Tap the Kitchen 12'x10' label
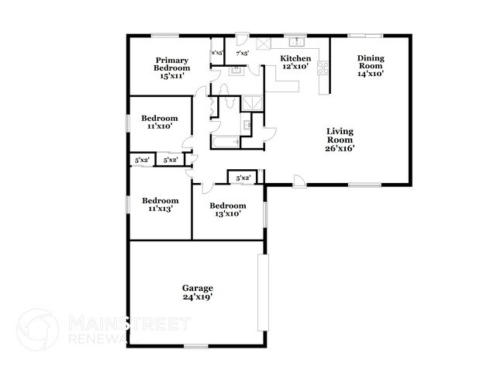[x=295, y=63]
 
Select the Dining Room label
[x=370, y=67]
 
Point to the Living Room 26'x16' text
[x=340, y=140]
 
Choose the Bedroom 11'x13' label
[x=160, y=203]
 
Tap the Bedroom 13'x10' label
[x=229, y=209]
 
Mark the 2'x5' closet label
[x=217, y=54]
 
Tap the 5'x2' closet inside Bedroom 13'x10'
[x=243, y=178]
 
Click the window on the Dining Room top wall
[x=364, y=35]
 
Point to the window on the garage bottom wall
[x=196, y=345]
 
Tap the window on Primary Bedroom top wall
[x=164, y=35]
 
